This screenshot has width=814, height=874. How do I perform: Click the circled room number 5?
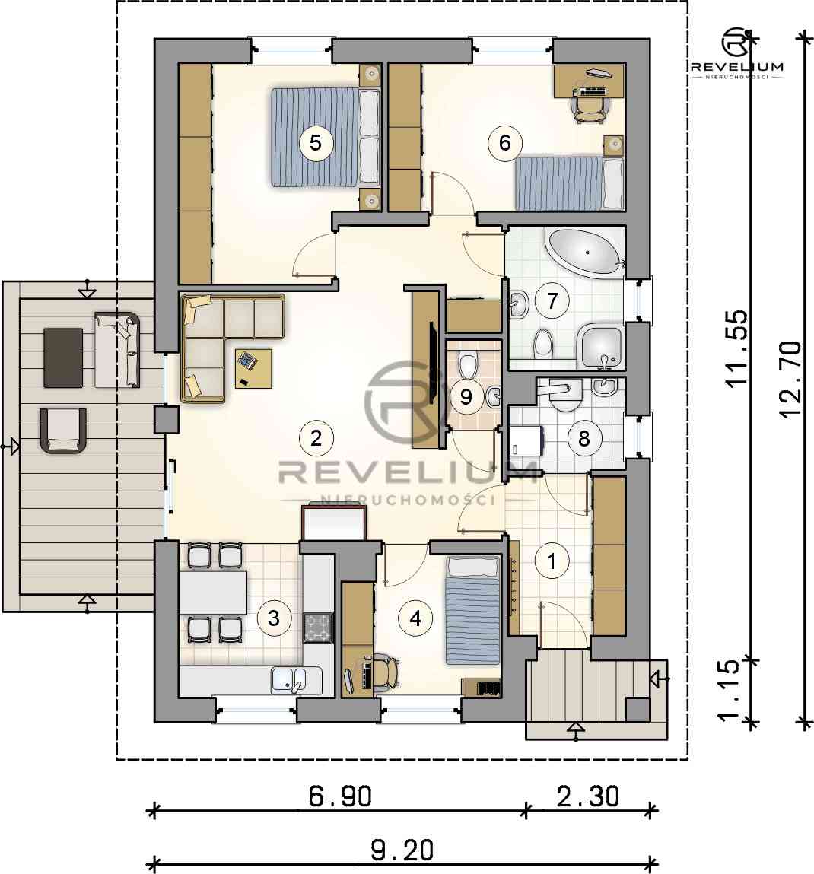[316, 143]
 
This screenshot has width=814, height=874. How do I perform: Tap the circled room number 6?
[505, 143]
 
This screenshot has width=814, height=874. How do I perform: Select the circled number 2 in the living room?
[316, 438]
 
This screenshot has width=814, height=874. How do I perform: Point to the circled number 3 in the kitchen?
[274, 618]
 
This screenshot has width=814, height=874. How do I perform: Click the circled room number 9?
[466, 396]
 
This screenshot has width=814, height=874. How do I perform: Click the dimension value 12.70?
[790, 379]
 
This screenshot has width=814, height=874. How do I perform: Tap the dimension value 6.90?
[340, 796]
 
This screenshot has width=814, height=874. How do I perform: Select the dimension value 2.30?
[588, 796]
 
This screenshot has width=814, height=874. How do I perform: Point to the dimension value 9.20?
[402, 850]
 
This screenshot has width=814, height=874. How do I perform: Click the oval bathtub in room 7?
[586, 253]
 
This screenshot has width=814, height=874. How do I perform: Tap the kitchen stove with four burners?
[318, 627]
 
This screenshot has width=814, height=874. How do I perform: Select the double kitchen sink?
[288, 680]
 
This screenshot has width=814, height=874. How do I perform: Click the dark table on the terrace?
[63, 358]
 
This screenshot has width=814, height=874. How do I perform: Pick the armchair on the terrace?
[64, 431]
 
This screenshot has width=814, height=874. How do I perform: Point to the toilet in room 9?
[467, 363]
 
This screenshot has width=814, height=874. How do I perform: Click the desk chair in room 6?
[590, 108]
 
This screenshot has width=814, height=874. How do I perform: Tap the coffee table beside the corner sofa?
[253, 368]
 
